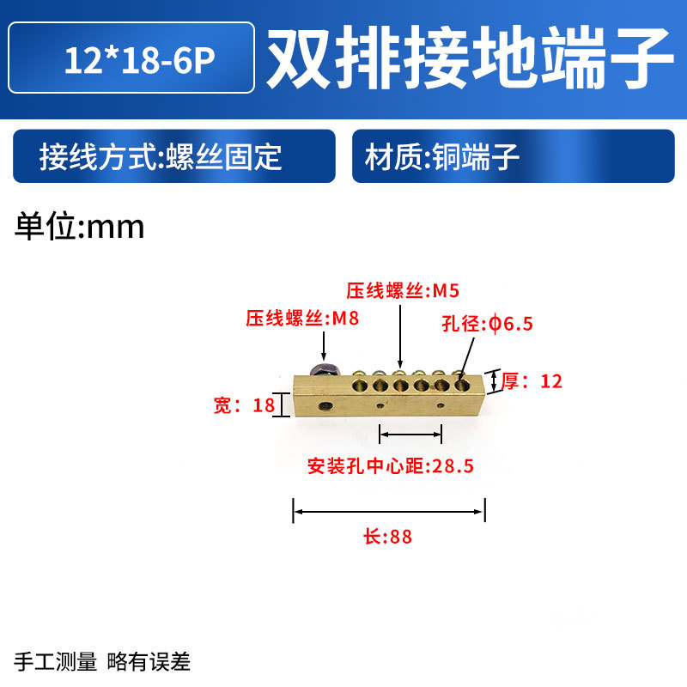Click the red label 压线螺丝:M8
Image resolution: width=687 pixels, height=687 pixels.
coord(301,319)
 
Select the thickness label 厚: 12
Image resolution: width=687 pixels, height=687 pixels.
coord(531,380)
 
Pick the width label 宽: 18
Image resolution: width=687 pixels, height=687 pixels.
coord(243,405)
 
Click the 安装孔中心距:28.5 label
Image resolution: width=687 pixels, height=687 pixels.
coord(391,466)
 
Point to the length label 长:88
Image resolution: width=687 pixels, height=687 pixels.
coord(388,538)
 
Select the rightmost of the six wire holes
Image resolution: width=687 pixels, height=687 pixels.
coord(463,386)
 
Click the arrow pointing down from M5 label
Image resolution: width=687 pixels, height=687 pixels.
coord(400,336)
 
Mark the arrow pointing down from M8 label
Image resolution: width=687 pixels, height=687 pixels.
coord(325,345)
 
